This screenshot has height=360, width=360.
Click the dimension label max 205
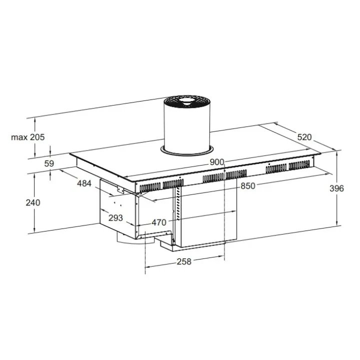click(x=28, y=137)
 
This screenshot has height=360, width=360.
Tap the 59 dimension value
click(x=49, y=163)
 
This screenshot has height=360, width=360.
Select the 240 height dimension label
click(x=33, y=202)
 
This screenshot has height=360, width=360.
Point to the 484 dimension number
click(x=84, y=183)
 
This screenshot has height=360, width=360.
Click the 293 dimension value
click(x=115, y=218)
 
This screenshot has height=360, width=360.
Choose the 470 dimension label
click(x=159, y=222)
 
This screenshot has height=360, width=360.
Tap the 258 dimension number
click(x=184, y=261)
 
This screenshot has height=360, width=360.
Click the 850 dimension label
click(x=248, y=186)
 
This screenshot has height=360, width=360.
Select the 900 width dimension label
click(x=217, y=162)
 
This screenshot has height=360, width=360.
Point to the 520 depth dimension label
click(x=304, y=137)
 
